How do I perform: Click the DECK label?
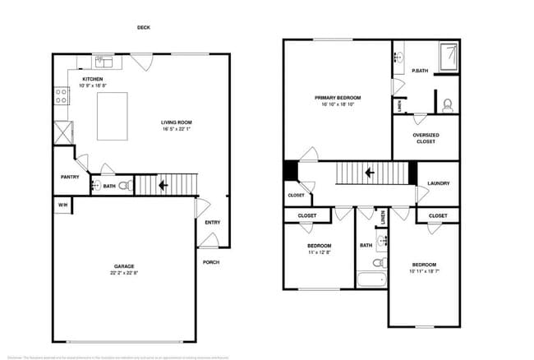tap(143, 27)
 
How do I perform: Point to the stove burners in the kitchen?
tap(61, 96)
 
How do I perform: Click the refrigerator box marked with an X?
tap(62, 132)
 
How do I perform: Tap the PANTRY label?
tap(69, 176)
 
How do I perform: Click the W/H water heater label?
tap(62, 204)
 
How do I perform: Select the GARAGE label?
tap(125, 266)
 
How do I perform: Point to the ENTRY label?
tap(212, 222)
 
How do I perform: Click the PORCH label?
tap(211, 262)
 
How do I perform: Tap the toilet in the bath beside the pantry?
tap(124, 186)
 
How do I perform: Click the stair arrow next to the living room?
tap(163, 185)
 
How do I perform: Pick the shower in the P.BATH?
tap(448, 57)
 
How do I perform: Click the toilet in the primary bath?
tap(448, 104)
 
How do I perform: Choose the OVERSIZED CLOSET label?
tap(425, 138)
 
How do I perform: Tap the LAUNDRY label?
tap(438, 184)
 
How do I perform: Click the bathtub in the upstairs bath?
tap(371, 280)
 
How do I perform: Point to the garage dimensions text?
tap(125, 273)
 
